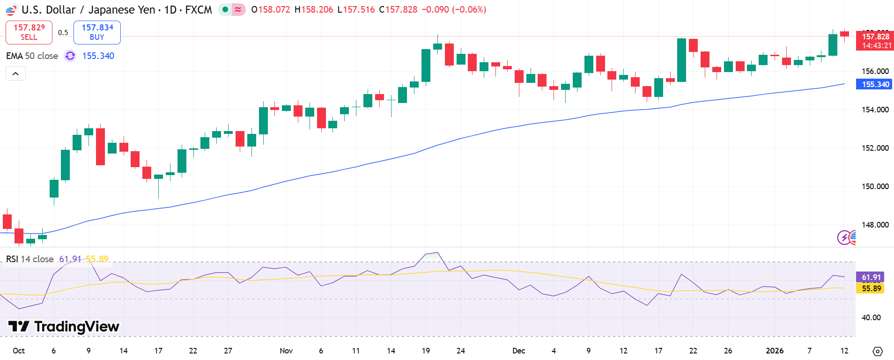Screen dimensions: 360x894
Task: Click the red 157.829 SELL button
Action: (x=29, y=32)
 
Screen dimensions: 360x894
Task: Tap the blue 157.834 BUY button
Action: (x=97, y=32)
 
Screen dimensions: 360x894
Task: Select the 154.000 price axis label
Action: (x=875, y=110)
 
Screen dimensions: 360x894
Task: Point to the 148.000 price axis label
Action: (x=875, y=225)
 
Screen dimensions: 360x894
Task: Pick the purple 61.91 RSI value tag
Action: (x=871, y=277)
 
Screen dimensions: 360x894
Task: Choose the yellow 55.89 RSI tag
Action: (x=871, y=288)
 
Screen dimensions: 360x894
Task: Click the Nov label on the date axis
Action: (x=286, y=351)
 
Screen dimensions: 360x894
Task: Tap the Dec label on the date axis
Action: (x=519, y=351)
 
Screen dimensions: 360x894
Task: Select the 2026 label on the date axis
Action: (x=775, y=351)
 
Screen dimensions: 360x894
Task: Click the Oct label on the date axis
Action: (x=19, y=351)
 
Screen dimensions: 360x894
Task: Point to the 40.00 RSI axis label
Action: (x=871, y=317)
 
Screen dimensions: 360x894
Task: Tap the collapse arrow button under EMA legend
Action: (x=15, y=73)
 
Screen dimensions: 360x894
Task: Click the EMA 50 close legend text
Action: (x=32, y=56)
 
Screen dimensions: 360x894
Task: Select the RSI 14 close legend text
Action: (x=30, y=259)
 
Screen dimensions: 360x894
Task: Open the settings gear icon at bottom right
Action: (x=878, y=351)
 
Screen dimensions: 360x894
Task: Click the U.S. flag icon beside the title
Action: (x=11, y=10)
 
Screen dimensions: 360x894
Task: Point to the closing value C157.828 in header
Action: (x=398, y=9)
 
